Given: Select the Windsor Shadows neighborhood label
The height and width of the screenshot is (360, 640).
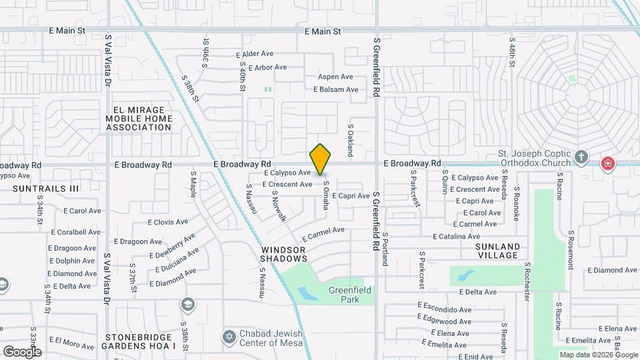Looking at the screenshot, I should (283, 254).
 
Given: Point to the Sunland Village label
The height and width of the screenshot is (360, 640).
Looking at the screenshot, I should (497, 251).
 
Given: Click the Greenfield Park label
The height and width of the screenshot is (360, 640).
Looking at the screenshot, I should (350, 295).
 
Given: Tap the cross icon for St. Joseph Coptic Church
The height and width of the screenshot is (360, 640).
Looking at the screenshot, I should (581, 157).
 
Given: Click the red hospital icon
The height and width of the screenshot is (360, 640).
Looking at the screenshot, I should (607, 163).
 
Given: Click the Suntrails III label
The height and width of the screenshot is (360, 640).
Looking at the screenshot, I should (46, 189).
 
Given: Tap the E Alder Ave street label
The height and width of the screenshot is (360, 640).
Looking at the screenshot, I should (255, 54).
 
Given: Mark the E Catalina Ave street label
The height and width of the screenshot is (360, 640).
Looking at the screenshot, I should (456, 237).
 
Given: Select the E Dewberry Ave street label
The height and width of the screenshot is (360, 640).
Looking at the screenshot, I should (173, 246).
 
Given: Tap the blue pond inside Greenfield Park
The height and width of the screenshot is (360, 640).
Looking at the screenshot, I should (307, 293).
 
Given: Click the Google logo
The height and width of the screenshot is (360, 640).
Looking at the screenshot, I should (22, 351).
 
